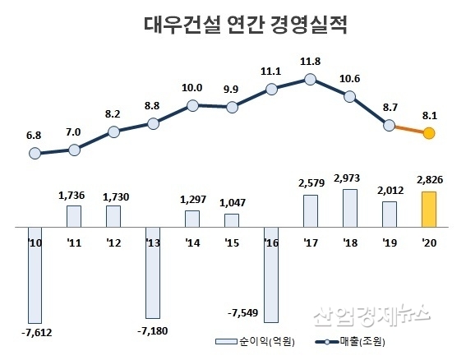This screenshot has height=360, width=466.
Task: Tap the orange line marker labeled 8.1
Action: [428, 134]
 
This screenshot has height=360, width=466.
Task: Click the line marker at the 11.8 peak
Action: [310, 80]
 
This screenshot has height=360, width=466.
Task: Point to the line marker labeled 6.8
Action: [35, 153]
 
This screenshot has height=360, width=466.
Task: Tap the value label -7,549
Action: [243, 312]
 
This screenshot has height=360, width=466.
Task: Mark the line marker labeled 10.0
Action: [191, 105]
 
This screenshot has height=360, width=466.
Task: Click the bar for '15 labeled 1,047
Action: [231, 219]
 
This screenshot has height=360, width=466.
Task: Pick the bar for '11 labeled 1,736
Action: [74, 215]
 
